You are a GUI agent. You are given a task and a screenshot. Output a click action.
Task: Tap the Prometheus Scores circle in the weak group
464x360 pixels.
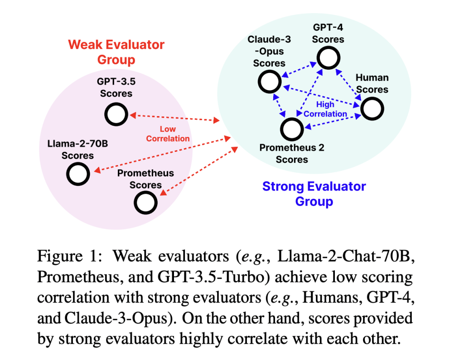pos(145,202)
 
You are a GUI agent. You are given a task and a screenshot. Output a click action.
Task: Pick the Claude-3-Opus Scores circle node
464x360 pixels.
pos(269,82)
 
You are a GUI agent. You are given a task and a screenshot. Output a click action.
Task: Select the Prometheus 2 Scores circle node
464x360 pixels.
pos(291,129)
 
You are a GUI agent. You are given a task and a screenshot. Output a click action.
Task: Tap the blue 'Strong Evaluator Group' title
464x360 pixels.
pos(314,194)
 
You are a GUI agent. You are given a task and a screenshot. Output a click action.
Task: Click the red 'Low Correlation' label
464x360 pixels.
pos(168,134)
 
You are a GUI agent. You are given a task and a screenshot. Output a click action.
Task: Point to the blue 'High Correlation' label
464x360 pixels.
pos(325,110)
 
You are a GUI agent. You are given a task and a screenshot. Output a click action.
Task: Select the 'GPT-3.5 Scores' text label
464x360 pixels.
pos(116,88)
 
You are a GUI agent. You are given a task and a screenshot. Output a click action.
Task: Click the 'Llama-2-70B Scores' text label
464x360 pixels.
pos(77,150)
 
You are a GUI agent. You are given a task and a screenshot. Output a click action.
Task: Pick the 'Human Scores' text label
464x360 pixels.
pos(372,83)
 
